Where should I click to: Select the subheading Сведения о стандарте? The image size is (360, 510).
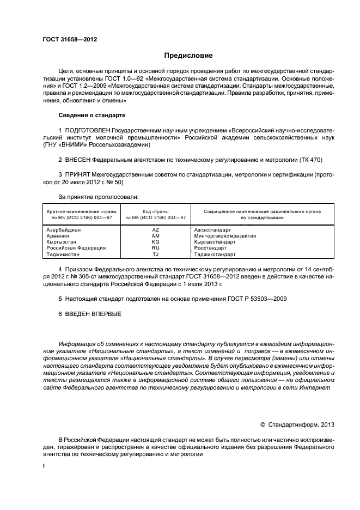pyautogui.click(x=91, y=116)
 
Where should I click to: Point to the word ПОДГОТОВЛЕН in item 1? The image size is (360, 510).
pyautogui.click(x=87, y=131)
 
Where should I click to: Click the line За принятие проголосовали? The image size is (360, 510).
pyautogui.click(x=98, y=196)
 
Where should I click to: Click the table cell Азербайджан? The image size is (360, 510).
pyautogui.click(x=64, y=230)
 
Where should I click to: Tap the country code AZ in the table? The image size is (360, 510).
pyautogui.click(x=155, y=230)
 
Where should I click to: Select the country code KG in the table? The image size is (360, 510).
pyautogui.click(x=155, y=242)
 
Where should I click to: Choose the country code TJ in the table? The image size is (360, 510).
pyautogui.click(x=155, y=254)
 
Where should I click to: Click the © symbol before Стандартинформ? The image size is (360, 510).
pyautogui.click(x=263, y=424)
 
